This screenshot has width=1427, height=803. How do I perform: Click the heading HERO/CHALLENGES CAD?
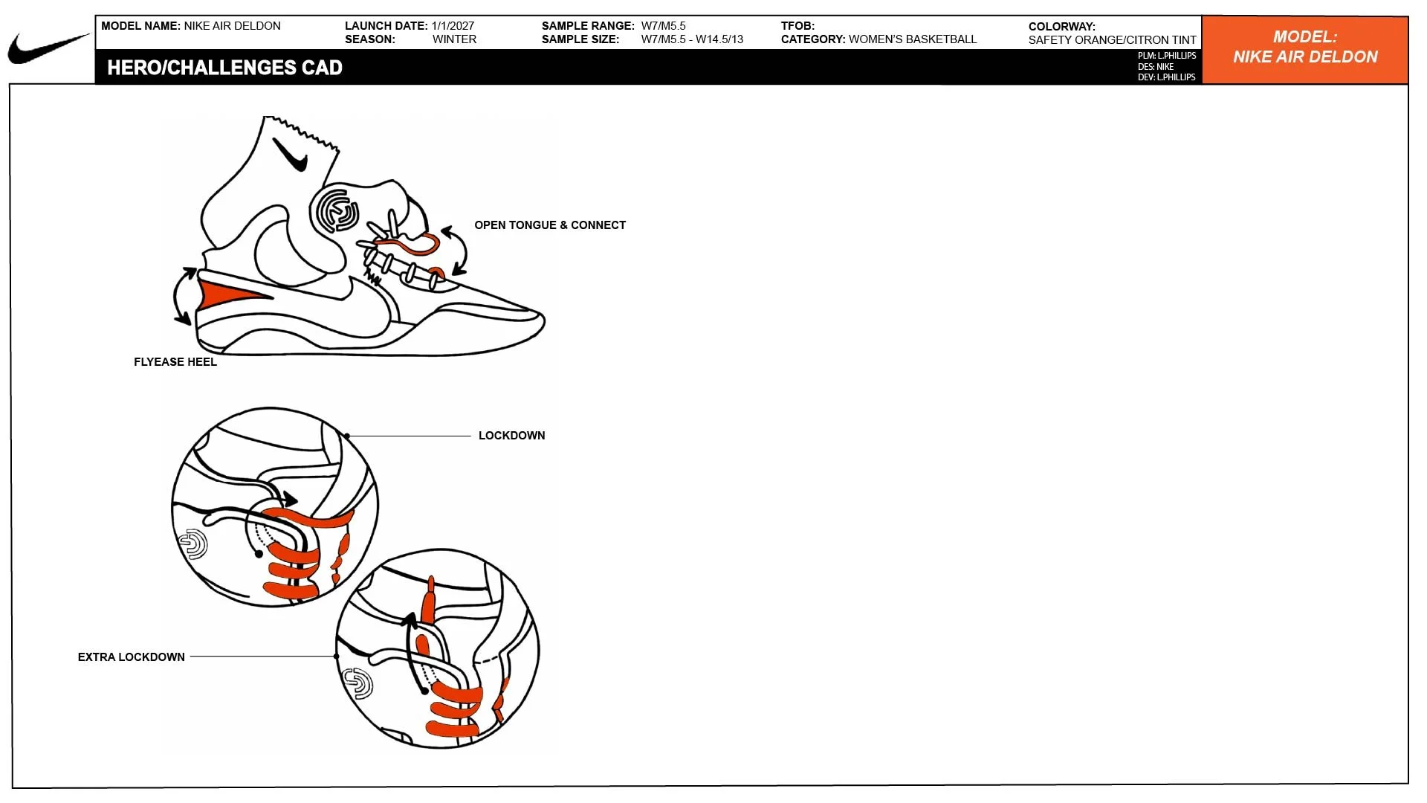(x=224, y=68)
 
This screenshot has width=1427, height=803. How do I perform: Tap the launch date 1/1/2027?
(x=453, y=26)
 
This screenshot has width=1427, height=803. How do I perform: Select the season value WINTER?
(x=454, y=39)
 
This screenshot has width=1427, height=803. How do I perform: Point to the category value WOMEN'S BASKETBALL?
(x=913, y=39)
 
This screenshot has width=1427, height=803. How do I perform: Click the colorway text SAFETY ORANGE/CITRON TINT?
(x=1112, y=40)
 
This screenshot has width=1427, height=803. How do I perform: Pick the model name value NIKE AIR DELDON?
(x=232, y=26)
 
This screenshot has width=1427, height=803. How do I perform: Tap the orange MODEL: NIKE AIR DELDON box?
(x=1305, y=50)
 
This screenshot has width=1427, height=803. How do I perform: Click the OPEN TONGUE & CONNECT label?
(x=550, y=225)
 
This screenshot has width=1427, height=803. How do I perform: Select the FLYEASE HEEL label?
(x=175, y=362)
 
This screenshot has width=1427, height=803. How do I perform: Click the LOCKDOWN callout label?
(x=511, y=436)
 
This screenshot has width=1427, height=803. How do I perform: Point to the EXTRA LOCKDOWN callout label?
(x=132, y=657)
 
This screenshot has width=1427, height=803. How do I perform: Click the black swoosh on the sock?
(x=291, y=155)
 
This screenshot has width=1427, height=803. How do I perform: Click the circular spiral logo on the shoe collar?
(x=337, y=210)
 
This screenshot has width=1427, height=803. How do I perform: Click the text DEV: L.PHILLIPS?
(x=1166, y=77)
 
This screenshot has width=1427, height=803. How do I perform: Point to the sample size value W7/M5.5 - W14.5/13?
(x=692, y=39)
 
